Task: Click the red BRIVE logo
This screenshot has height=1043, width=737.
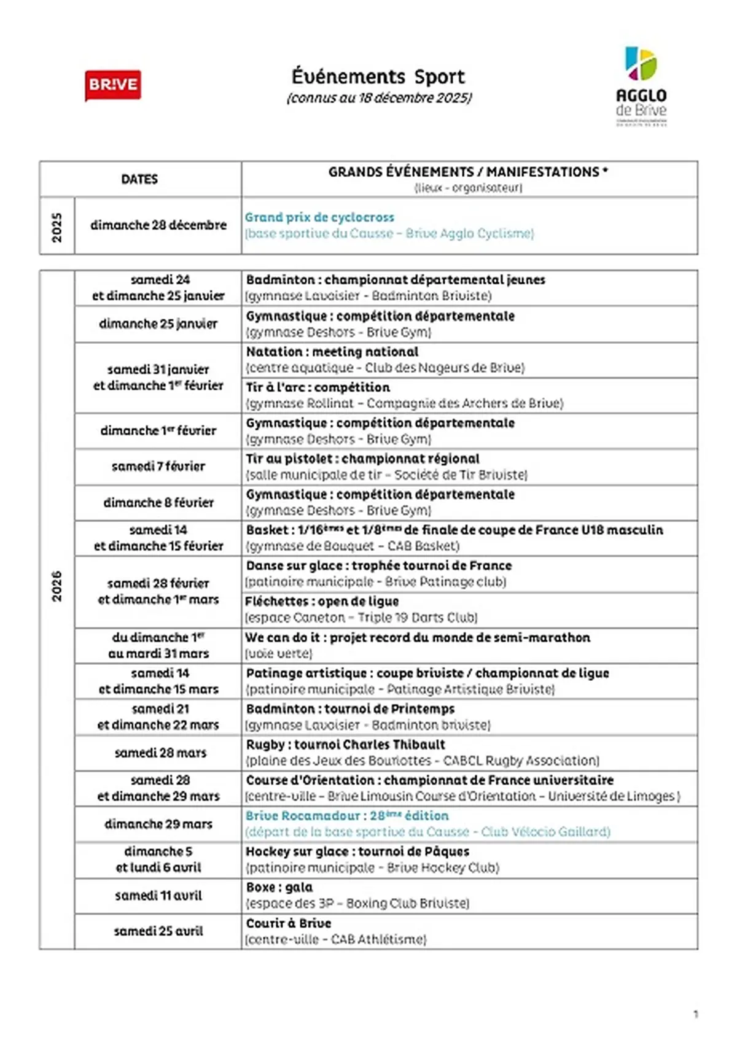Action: coord(113,85)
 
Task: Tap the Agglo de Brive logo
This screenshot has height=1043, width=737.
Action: coord(641,86)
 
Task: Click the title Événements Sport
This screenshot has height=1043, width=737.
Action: coord(378,77)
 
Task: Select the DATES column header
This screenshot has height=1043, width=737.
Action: coord(139,179)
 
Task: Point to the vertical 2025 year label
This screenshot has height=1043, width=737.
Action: coord(57,227)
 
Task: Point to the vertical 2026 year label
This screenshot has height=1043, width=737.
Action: coord(57,586)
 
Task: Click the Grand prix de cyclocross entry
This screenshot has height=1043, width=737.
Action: coord(319,217)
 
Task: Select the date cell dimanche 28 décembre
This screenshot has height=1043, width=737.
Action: coord(158,225)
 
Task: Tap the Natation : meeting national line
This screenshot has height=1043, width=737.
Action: coord(332,352)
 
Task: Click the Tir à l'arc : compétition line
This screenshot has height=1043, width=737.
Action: coord(318,387)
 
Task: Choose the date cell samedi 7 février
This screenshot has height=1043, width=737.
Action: coord(158,467)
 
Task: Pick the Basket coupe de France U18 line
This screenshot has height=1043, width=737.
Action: coord(454,530)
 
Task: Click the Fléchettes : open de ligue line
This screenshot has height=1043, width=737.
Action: coord(322,602)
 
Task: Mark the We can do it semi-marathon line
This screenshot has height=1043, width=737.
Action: coord(418,637)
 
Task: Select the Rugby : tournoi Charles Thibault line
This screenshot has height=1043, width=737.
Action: coord(345,745)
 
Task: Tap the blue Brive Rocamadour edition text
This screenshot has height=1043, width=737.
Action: coord(347,816)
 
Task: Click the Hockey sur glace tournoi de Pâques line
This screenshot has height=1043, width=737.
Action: coord(357,851)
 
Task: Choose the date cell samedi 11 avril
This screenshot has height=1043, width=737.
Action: coord(158,896)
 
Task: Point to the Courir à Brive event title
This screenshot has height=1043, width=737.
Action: coord(289,923)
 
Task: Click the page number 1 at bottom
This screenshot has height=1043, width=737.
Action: coord(695,1014)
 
